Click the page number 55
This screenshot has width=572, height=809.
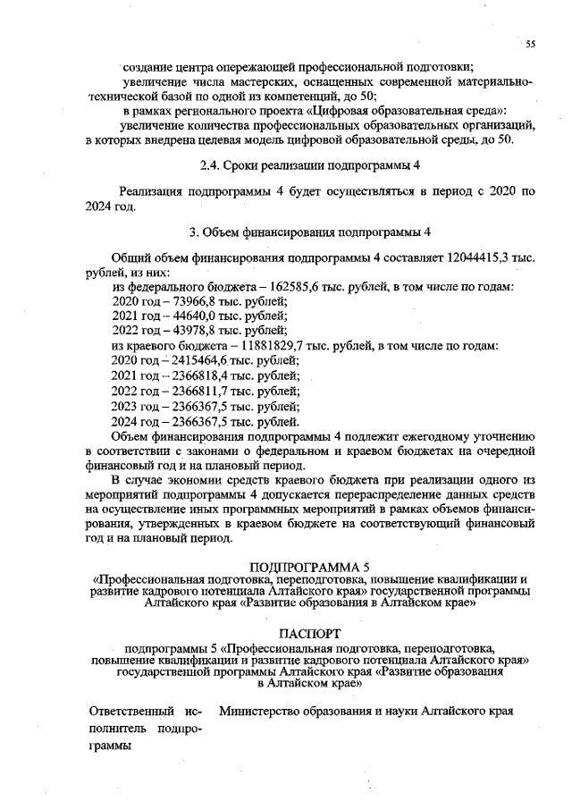pos(530,44)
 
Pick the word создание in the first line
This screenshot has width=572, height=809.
pos(147,66)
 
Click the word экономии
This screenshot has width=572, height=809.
pos(198,481)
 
